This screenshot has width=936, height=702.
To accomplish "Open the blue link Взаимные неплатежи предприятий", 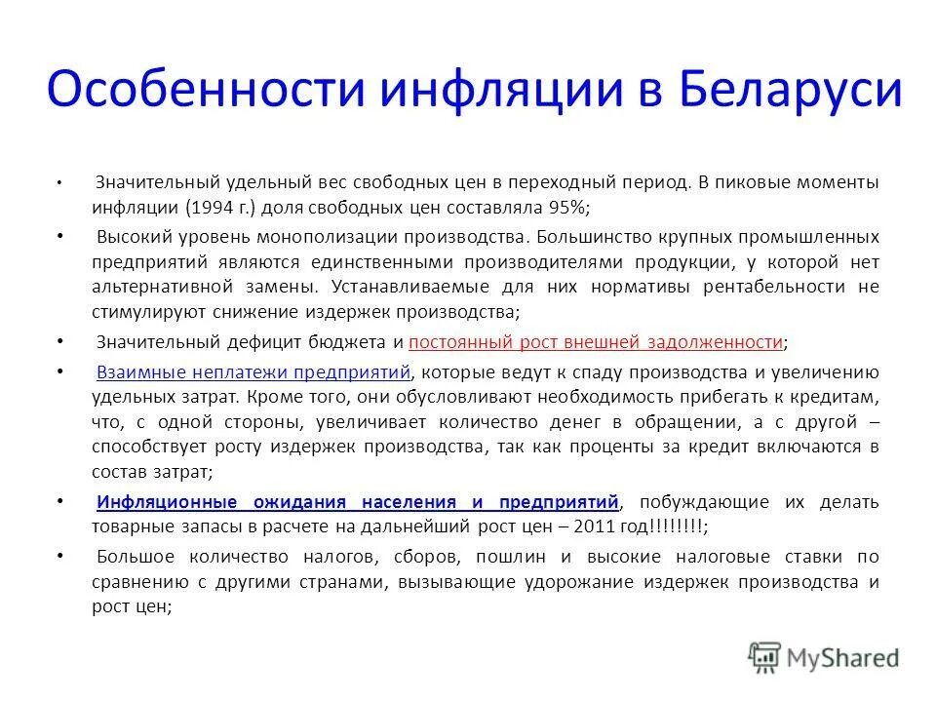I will tap(254, 371).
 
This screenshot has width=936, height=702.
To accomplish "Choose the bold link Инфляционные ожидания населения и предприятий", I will tap(358, 502).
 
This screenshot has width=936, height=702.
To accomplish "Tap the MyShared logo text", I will tap(845, 657).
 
